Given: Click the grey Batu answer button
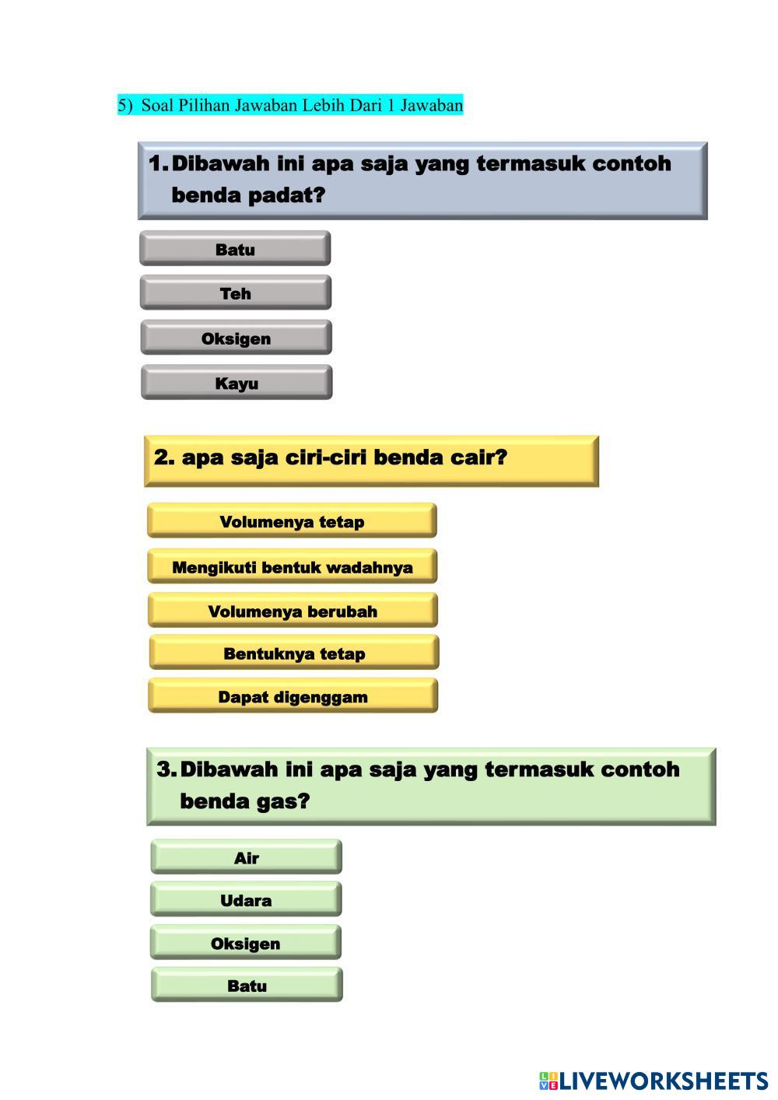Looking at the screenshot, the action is pos(235,249).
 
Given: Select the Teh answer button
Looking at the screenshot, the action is pos(235,293).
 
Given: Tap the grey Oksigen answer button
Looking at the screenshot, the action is pos(236,338).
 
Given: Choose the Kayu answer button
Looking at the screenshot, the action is pos(237,383).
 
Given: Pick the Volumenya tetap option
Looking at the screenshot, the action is pos(292,521).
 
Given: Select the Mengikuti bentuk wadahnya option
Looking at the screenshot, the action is pos(292,567).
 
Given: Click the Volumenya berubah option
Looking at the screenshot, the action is pos(293,611).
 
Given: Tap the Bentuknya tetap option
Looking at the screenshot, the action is pos(294,653).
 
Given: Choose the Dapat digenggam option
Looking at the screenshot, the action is pos(293,696).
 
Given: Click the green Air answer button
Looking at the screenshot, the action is pos(246,857).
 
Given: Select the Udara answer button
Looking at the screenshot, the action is pos(246,900).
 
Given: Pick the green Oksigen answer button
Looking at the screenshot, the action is pos(245,943).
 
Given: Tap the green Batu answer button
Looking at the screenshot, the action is pos(247,986).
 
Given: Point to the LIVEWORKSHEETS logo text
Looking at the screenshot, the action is pos(664,1081).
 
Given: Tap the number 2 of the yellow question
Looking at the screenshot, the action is pos(163,457).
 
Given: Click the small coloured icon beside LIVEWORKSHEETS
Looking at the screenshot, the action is pos(548,1081).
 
